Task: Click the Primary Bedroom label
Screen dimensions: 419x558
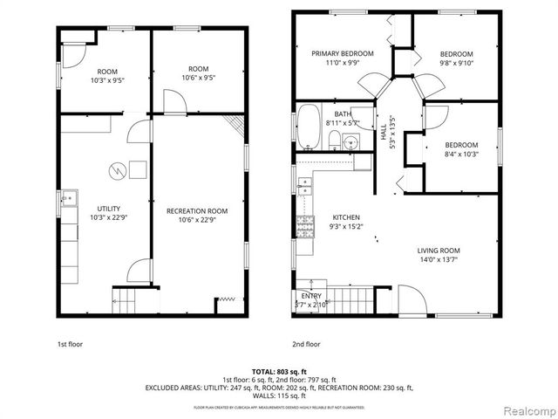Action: (343, 53)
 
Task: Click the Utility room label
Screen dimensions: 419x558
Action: (108, 209)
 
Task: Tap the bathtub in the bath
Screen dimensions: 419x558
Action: (310, 127)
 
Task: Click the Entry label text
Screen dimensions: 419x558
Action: (310, 296)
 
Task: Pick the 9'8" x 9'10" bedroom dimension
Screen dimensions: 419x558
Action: (457, 62)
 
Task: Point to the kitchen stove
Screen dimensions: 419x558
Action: (304, 227)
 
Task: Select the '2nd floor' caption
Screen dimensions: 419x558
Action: (307, 344)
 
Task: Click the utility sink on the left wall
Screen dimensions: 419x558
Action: (67, 199)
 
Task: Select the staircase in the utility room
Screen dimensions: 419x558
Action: (124, 303)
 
